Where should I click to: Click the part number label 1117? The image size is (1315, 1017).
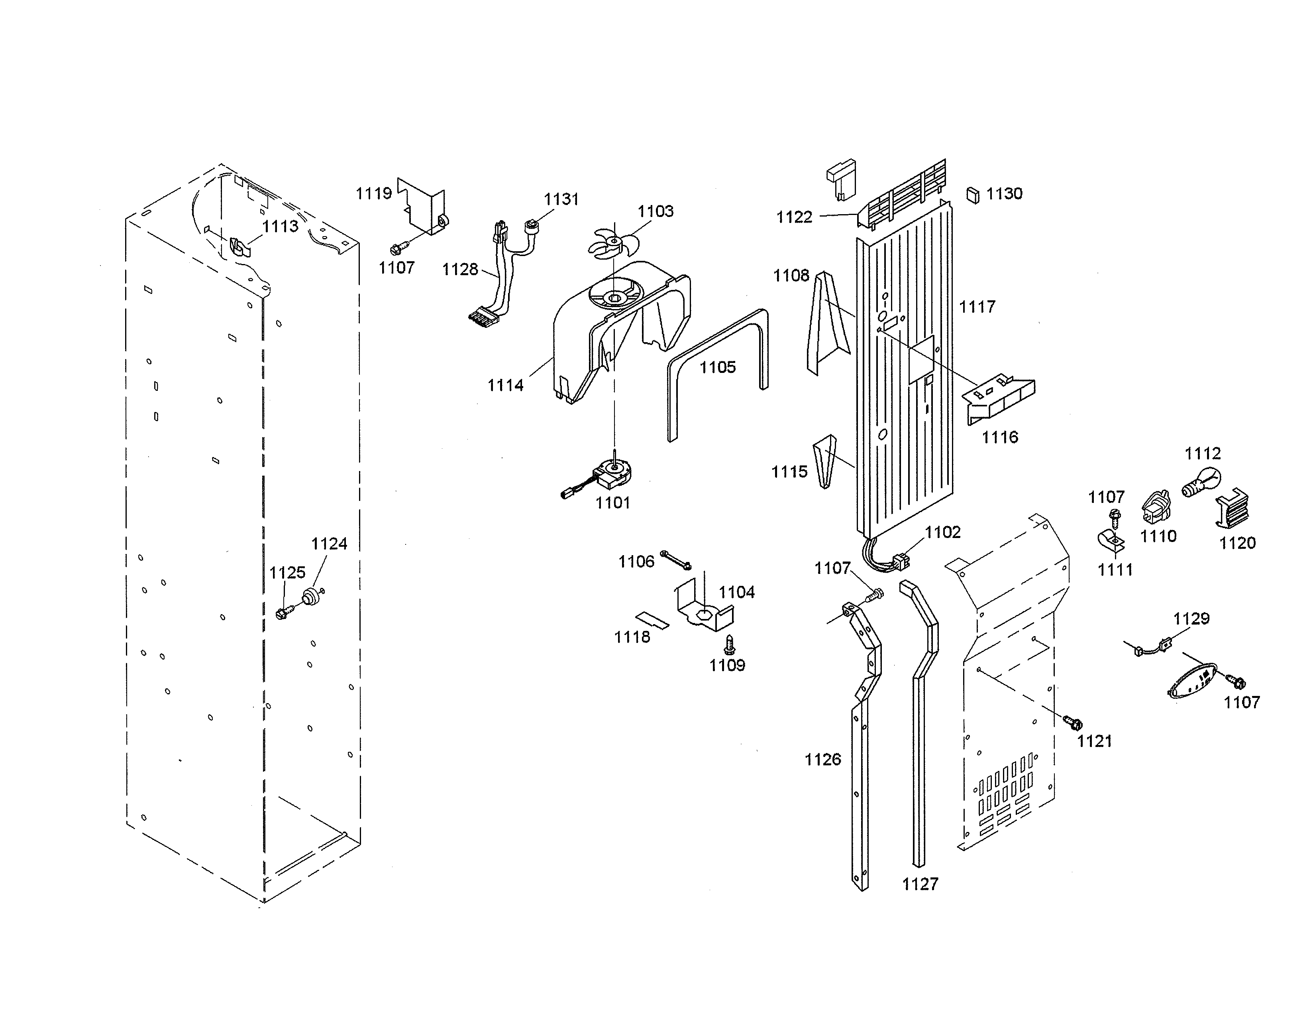coord(977,307)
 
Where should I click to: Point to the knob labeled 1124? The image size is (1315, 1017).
coord(311,597)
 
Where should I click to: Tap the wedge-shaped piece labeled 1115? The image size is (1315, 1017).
coord(824,461)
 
